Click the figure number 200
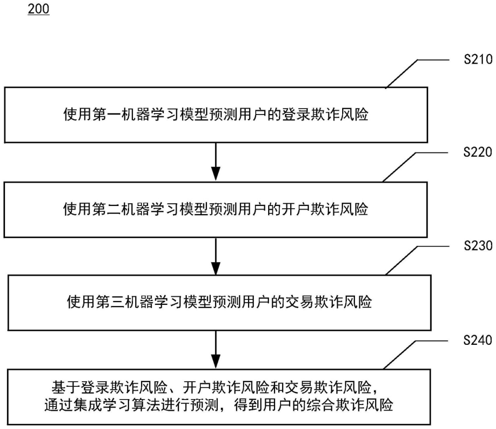pos(39,9)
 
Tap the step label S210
pos(478,59)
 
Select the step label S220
pos(478,152)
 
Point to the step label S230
pos(478,246)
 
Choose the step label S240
pos(478,340)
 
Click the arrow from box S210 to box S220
pos(216,162)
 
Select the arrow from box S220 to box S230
pos(216,256)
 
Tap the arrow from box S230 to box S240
pos(216,350)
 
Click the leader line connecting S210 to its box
pos(417,73)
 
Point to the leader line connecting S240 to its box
pos(416,355)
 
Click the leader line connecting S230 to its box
pos(417,260)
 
